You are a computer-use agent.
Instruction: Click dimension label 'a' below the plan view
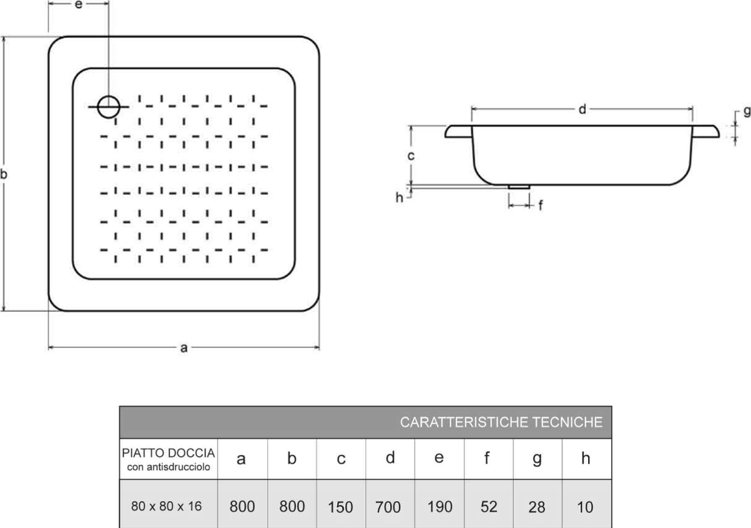pos(184,349)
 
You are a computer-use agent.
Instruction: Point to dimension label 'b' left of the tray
pos(4,175)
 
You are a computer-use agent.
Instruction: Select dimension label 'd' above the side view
pos(582,109)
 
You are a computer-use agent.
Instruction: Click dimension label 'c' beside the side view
pos(411,156)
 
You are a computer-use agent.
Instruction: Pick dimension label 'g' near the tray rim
pos(747,112)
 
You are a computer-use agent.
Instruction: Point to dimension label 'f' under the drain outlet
pos(540,204)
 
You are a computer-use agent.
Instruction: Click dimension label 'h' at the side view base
pos(400,197)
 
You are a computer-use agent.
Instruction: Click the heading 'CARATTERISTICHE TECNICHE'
pos(501,422)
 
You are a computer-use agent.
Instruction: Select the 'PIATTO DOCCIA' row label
pos(169,452)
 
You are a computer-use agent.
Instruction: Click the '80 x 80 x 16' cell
pos(167,506)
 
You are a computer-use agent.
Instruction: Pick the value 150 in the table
pos(340,507)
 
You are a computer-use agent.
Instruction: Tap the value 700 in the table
pos(388,507)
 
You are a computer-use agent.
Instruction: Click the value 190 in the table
pos(439,506)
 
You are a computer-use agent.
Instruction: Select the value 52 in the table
pos(489,506)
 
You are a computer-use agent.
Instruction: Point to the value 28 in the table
pos(537,507)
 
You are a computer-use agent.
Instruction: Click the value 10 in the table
pos(585,507)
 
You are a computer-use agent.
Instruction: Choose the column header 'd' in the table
pos(390,458)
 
